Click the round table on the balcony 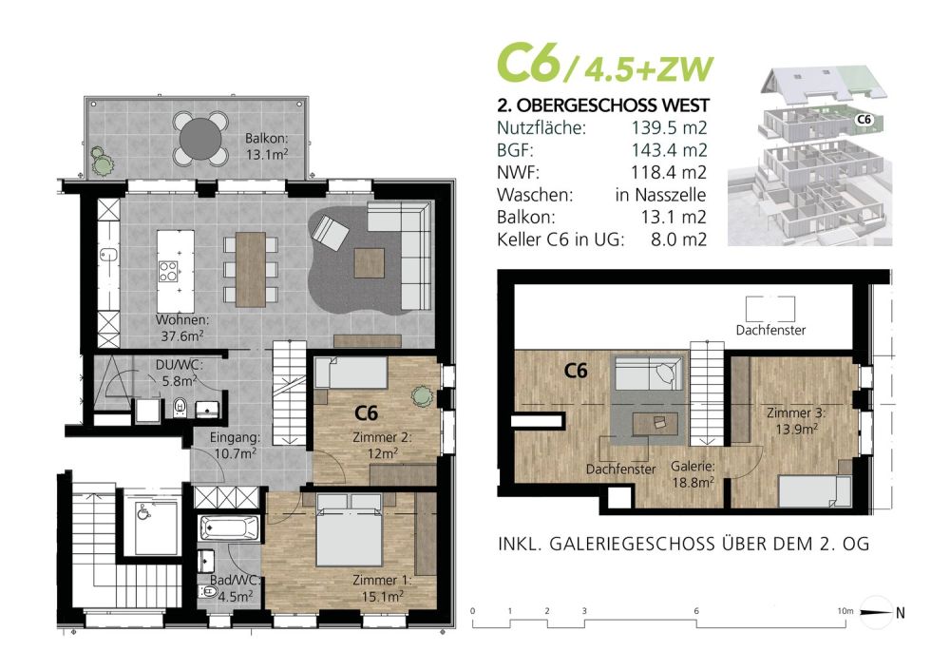(x=200, y=137)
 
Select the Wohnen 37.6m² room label (x=181, y=327)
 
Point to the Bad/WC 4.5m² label (x=231, y=588)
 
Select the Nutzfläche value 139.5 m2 (x=670, y=126)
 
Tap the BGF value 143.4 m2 (x=670, y=149)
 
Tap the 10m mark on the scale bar (x=845, y=612)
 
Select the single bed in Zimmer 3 (x=814, y=491)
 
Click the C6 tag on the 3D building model (x=864, y=120)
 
